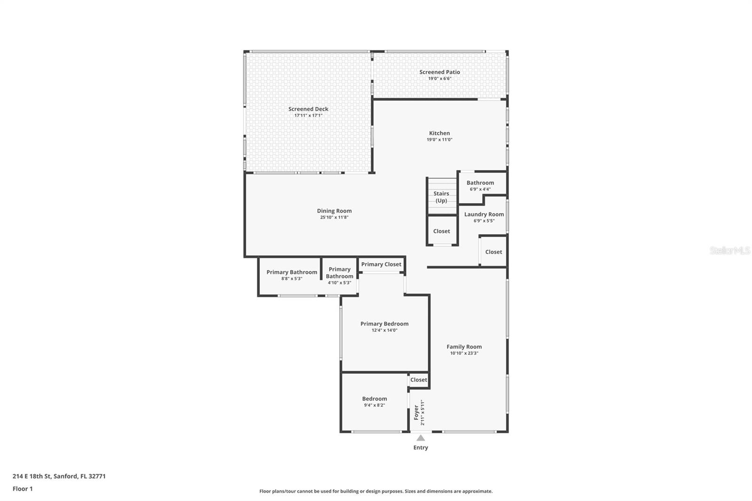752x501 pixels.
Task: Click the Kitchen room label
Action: [439, 133]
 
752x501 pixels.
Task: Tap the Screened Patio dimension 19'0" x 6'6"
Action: [439, 78]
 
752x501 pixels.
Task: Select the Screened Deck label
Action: [308, 109]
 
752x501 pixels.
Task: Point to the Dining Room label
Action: [334, 211]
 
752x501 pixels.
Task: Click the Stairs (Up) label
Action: [441, 197]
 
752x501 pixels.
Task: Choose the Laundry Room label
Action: [484, 214]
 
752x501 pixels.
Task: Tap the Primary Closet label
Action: [381, 264]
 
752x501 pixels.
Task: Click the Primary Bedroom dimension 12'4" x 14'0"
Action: [384, 330]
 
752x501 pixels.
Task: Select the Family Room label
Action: [464, 347]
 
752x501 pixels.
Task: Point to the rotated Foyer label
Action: [416, 412]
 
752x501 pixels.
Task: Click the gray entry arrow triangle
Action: [421, 438]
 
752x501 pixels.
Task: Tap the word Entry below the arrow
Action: [421, 447]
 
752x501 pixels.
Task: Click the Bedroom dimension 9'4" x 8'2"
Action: [374, 405]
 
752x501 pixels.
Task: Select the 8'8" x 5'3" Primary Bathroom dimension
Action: [292, 278]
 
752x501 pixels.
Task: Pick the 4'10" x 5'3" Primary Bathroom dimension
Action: [339, 283]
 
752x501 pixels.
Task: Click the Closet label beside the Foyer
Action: [419, 380]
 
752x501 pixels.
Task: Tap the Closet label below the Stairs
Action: [441, 231]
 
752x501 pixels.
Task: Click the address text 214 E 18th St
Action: [32, 476]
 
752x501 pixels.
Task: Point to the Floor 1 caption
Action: [23, 489]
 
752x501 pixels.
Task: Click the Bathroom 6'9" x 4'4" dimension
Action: [480, 189]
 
